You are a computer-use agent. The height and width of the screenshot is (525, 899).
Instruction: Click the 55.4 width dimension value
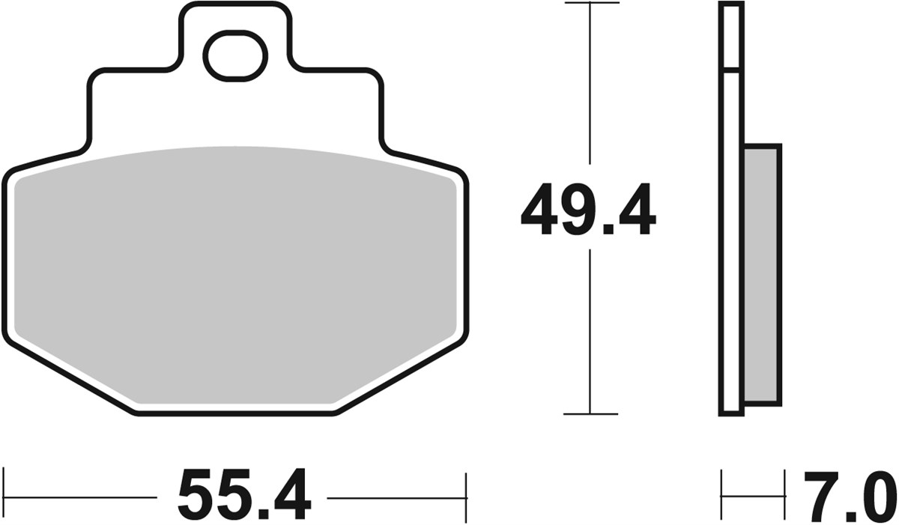pos(244,495)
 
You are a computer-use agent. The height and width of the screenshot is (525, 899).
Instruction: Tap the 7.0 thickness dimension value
pos(849,496)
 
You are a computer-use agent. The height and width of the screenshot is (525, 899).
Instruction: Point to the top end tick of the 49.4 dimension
pos(591,4)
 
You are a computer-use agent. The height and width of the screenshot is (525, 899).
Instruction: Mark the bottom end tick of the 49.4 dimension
pos(591,413)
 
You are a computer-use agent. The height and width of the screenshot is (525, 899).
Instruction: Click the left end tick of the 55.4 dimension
pos(4,496)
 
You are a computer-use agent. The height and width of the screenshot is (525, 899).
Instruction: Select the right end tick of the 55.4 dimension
pos(466,496)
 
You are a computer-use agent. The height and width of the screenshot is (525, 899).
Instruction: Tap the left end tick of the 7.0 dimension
pos(721,495)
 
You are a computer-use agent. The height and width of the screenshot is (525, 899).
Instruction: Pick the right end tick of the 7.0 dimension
pos(784,495)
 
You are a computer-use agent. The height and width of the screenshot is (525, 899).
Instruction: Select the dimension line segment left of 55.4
pos(82,496)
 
